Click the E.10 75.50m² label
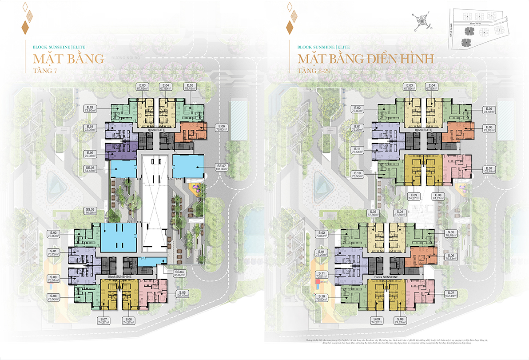point(357,174)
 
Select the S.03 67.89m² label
point(372,213)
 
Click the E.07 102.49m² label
point(489,169)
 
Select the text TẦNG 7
point(43,70)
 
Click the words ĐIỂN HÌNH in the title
point(399,59)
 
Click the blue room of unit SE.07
point(187,165)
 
